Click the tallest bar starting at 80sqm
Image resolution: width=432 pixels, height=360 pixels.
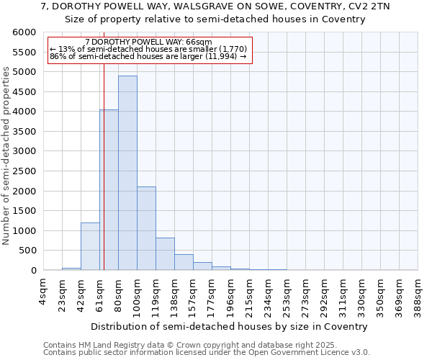(x=127, y=173)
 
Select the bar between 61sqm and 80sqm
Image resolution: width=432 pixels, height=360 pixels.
(x=109, y=190)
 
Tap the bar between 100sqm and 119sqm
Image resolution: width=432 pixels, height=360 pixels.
(x=146, y=228)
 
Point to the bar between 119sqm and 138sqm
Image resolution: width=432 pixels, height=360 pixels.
(x=165, y=254)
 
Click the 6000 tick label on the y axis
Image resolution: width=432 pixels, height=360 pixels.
(x=24, y=32)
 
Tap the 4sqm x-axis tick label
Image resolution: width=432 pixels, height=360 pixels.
(x=43, y=289)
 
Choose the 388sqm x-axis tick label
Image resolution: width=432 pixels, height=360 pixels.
(x=418, y=294)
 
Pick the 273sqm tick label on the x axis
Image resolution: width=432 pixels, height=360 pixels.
(x=305, y=294)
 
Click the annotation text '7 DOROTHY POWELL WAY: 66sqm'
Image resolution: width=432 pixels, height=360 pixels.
(x=148, y=42)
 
